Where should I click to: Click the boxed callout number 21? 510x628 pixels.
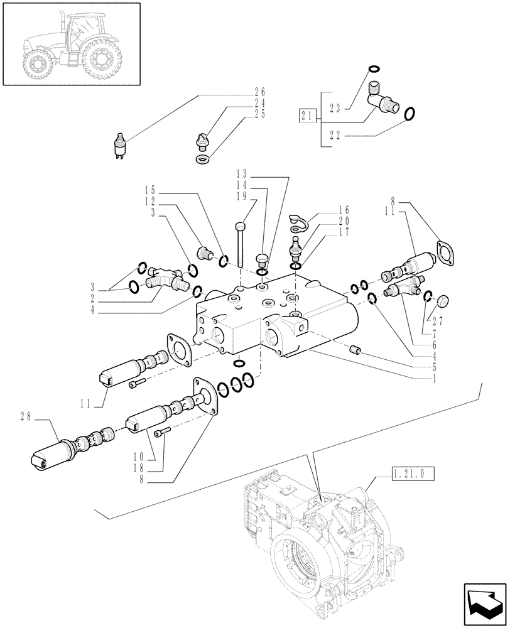point(307,115)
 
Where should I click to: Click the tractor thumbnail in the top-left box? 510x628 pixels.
point(70,45)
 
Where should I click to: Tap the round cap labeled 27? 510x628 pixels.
point(441,301)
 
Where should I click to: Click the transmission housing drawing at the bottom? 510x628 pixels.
point(320,546)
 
